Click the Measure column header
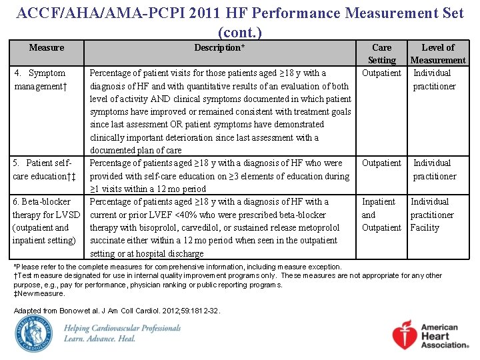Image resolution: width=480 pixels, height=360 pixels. (x=47, y=47)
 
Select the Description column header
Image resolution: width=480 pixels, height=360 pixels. (x=219, y=47)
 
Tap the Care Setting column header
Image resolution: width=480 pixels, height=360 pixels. (x=381, y=53)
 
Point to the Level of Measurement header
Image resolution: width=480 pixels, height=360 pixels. (x=438, y=53)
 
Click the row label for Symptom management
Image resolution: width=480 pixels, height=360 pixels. (x=40, y=79)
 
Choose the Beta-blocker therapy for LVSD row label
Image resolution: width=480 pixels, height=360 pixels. (x=45, y=221)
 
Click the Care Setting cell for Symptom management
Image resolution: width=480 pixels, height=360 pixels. (x=381, y=73)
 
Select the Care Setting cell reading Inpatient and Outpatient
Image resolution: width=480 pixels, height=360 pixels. (x=381, y=215)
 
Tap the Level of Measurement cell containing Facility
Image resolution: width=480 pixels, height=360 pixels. (x=425, y=227)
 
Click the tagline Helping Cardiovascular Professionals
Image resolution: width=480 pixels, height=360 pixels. (x=122, y=328)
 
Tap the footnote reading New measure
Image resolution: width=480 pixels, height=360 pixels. (x=39, y=293)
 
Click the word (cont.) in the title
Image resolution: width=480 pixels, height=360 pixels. (x=240, y=31)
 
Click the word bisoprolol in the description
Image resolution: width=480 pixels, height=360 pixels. (x=153, y=228)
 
